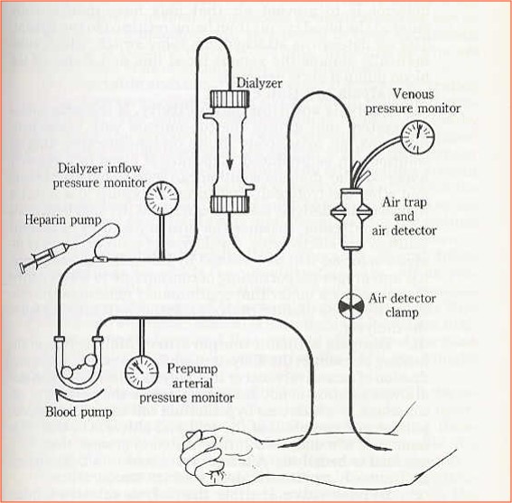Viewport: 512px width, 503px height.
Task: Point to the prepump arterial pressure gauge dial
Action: (142, 370)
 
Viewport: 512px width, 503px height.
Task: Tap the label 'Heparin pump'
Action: (55, 219)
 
